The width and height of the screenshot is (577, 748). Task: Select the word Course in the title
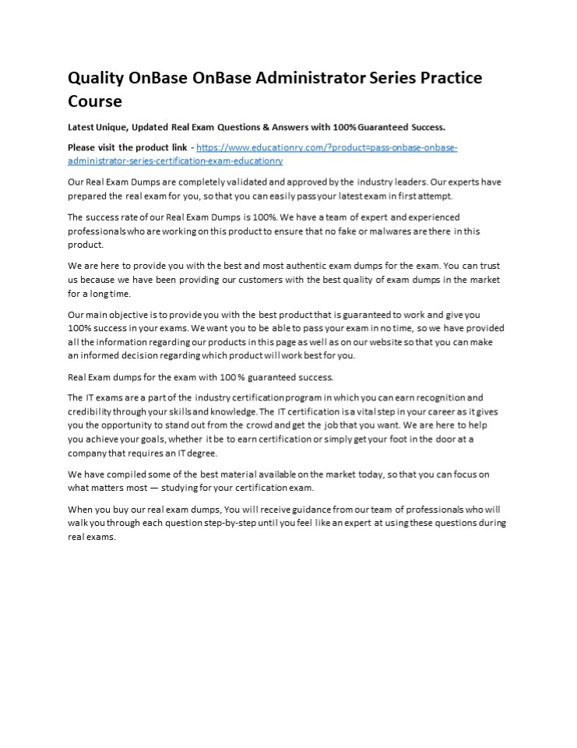[95, 101]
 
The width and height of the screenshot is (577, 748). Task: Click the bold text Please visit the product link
[128, 147]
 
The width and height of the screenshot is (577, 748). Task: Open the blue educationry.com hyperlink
[327, 147]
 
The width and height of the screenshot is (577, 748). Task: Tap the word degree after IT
[204, 453]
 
